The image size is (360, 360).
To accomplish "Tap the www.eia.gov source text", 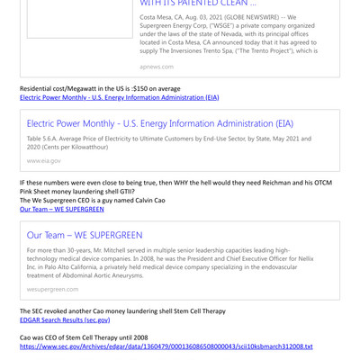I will point(44,160).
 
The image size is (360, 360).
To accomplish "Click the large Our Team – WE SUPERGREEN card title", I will point(85,235).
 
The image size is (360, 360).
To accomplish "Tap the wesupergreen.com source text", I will point(52,289).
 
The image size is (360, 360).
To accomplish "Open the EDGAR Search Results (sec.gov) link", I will point(65,319).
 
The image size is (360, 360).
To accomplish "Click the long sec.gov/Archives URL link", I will point(166,346).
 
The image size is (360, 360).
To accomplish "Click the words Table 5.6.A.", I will point(47,139).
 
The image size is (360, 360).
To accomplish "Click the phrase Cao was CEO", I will point(44,337).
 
